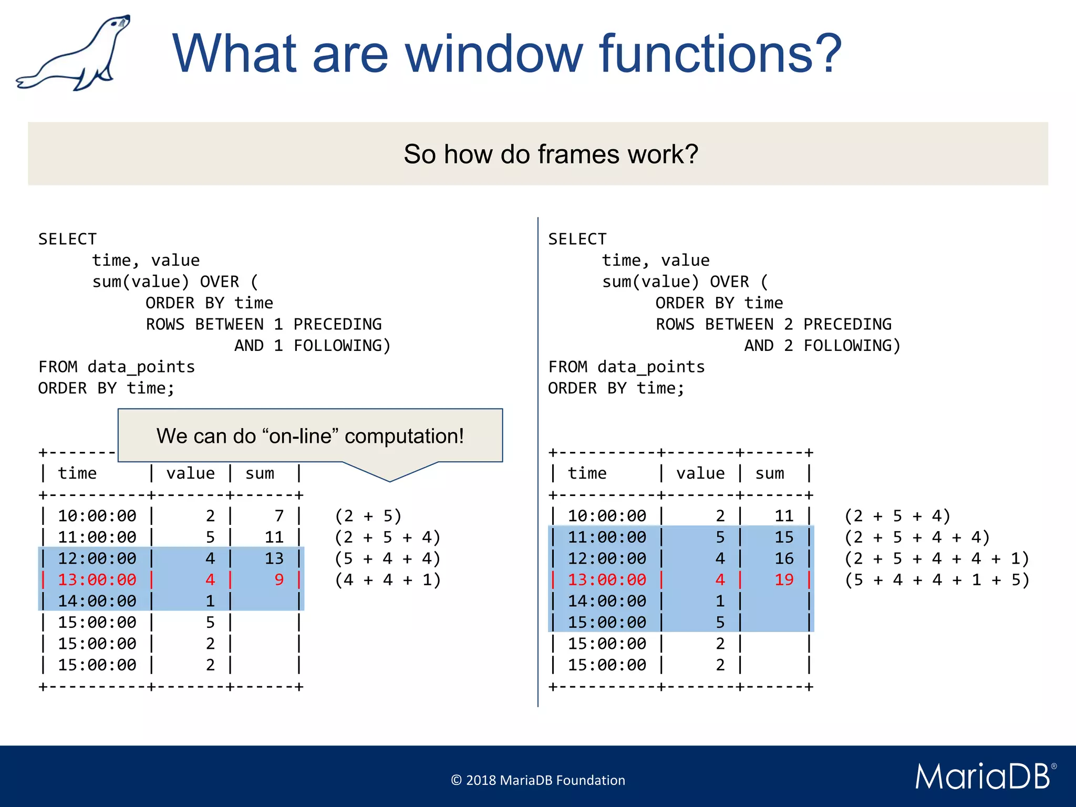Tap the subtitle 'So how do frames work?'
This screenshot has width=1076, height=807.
click(x=551, y=154)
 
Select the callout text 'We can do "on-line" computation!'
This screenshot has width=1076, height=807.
click(x=310, y=436)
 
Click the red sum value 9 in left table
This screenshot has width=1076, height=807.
click(x=279, y=580)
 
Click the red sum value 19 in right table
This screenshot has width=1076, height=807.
click(x=784, y=580)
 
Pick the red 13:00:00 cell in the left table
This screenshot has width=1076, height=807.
click(x=97, y=580)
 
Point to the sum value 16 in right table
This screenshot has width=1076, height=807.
click(x=784, y=558)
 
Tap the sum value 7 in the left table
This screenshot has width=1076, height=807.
click(x=279, y=516)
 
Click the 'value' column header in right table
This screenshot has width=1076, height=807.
click(x=700, y=473)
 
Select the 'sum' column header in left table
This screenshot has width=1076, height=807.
click(x=260, y=473)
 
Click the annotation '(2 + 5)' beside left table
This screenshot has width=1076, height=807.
click(x=368, y=516)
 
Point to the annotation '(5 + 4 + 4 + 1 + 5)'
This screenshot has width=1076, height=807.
click(x=937, y=580)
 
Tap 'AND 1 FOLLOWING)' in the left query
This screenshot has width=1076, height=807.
click(x=313, y=346)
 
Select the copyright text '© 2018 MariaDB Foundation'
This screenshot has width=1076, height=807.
click(x=538, y=780)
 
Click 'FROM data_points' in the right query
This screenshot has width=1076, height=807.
click(x=626, y=367)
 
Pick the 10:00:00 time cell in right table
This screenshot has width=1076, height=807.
click(x=607, y=516)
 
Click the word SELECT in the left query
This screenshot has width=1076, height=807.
click(x=68, y=239)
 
